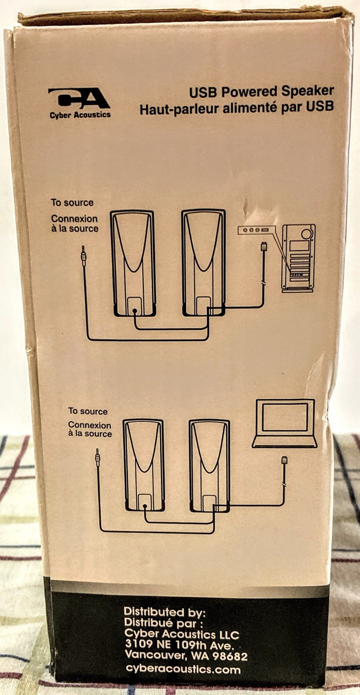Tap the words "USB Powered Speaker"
(261, 91)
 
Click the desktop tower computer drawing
(298, 259)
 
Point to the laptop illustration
(284, 423)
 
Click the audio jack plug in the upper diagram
(83, 255)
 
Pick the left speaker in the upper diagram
(133, 263)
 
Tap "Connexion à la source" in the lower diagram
(89, 429)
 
